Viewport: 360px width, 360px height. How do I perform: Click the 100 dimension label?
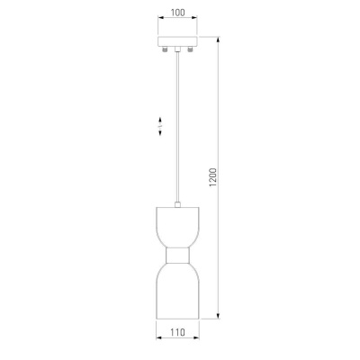[177, 13]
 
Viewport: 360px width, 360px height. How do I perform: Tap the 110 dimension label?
[177, 332]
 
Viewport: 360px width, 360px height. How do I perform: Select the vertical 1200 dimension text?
[212, 177]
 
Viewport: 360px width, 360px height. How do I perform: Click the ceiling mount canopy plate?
[178, 41]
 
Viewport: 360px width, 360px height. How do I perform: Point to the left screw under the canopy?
[165, 49]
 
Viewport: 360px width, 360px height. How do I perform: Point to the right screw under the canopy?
[190, 49]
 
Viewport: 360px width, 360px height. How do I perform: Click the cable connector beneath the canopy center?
[178, 49]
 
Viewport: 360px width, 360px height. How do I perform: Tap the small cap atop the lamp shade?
[177, 204]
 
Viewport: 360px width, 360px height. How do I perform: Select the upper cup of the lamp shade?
[177, 227]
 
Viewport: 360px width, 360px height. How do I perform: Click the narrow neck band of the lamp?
[177, 256]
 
